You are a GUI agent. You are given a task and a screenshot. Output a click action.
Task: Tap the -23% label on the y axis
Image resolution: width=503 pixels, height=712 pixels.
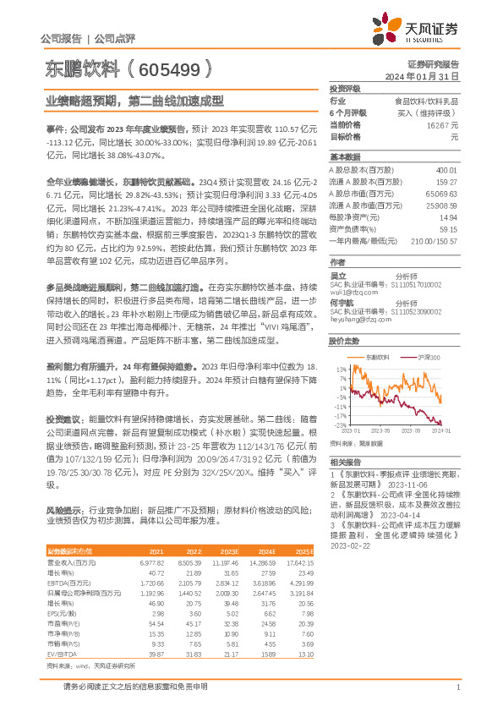tap(340, 425)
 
